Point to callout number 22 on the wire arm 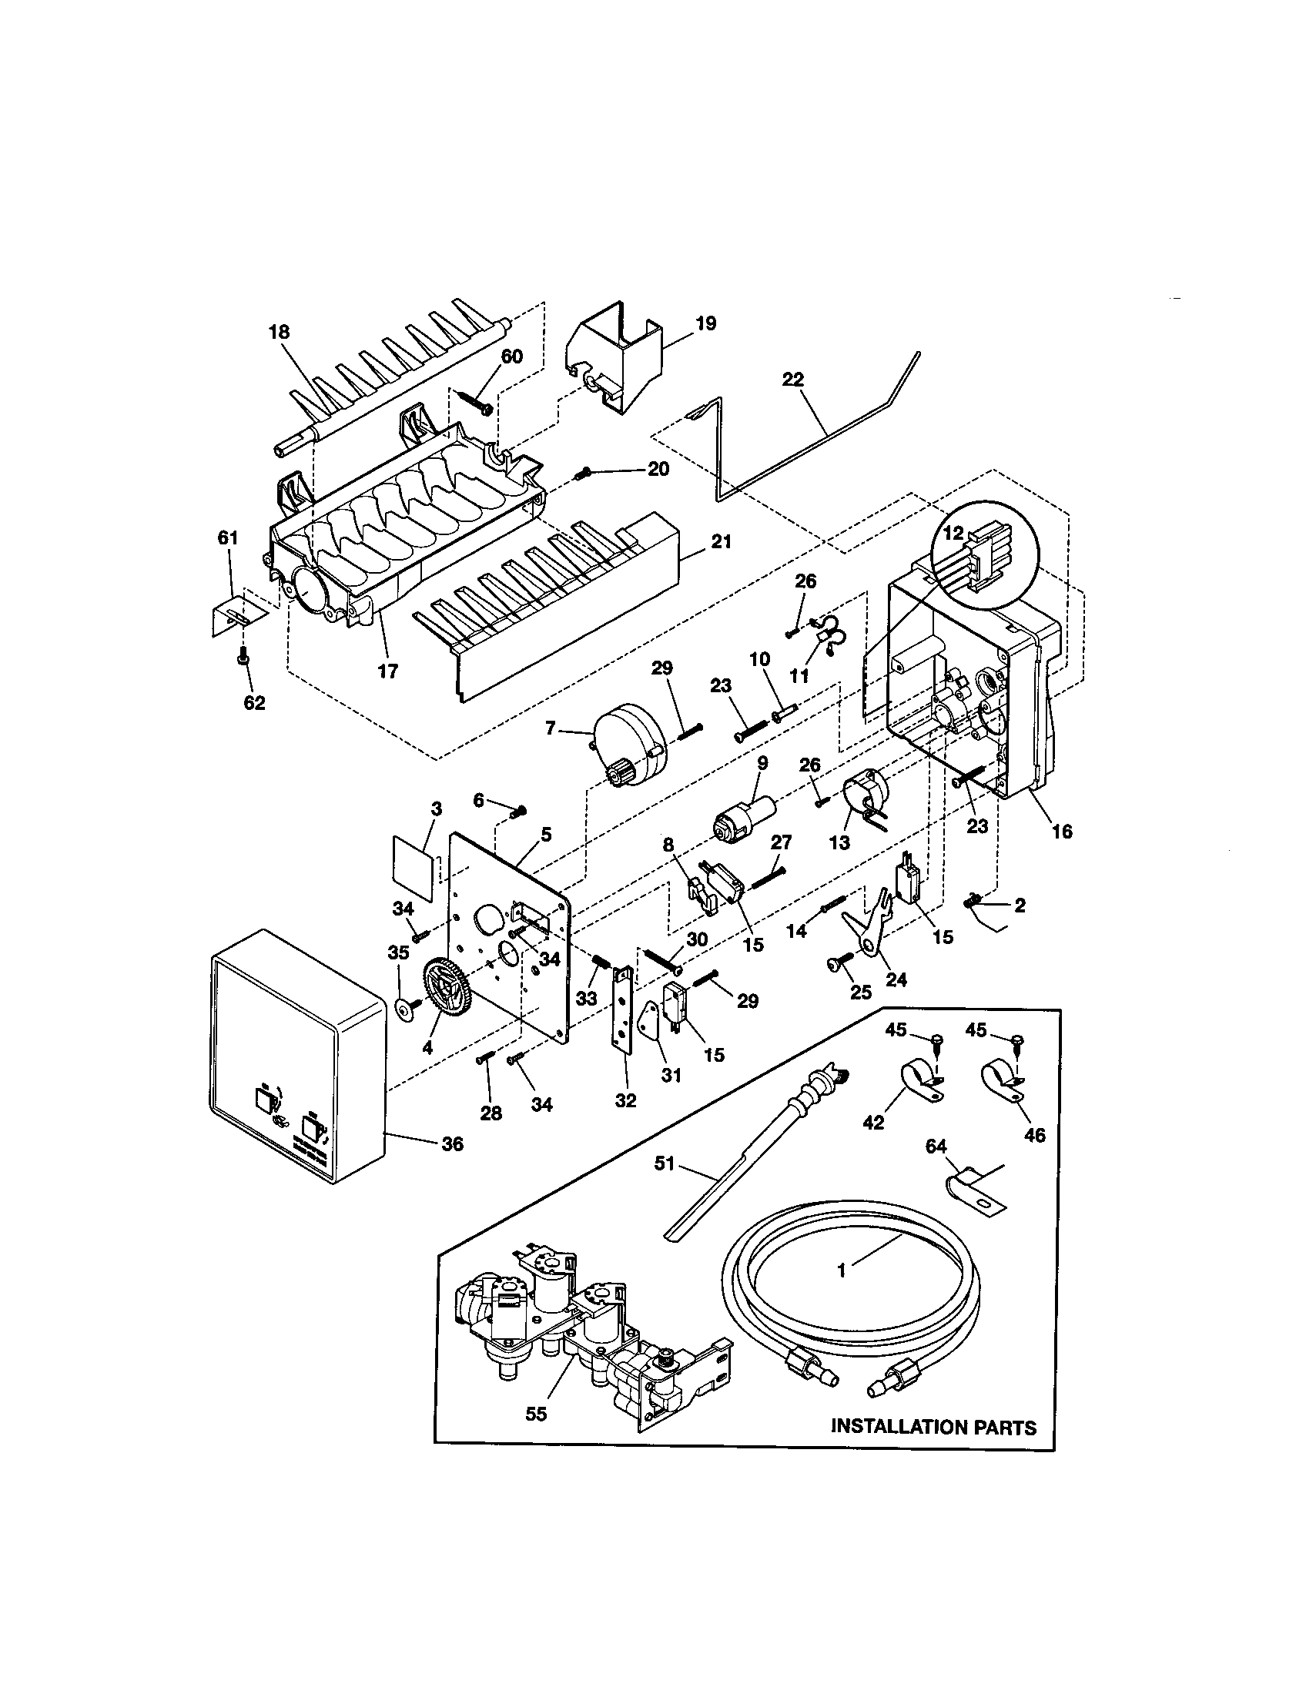[x=793, y=380]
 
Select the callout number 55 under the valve [x=536, y=1414]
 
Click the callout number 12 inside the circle [x=953, y=533]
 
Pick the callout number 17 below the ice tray [x=387, y=671]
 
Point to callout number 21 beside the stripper [x=722, y=542]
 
